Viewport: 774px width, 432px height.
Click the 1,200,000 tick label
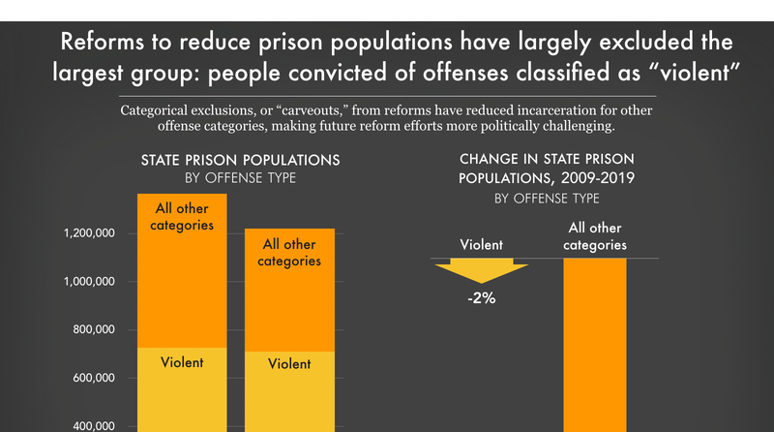pyautogui.click(x=90, y=233)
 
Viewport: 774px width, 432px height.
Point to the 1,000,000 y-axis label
pyautogui.click(x=90, y=282)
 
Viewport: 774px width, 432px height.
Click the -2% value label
pyautogui.click(x=480, y=298)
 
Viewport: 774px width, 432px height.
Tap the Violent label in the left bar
pyautogui.click(x=182, y=362)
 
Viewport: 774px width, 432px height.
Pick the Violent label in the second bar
pyautogui.click(x=289, y=364)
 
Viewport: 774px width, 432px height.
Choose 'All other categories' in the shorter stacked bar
pyautogui.click(x=289, y=253)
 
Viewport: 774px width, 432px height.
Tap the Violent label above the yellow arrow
pyautogui.click(x=480, y=245)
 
